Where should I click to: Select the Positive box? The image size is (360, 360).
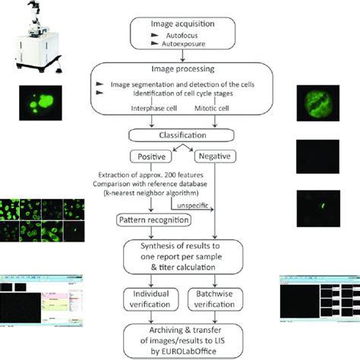[149, 156]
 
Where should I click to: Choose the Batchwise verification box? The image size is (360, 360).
[213, 297]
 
